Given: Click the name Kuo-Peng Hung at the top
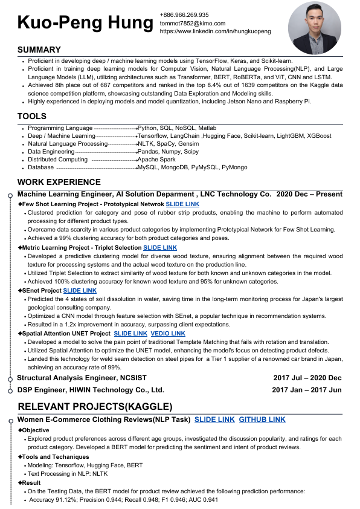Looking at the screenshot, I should [x=85, y=23].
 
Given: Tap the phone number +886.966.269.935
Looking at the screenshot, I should [x=184, y=15].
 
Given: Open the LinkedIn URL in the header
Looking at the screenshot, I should [x=215, y=31].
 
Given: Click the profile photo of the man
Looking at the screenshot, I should [x=315, y=28].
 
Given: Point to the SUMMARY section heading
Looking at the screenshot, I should [x=39, y=50].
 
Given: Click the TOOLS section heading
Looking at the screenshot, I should [x=32, y=116].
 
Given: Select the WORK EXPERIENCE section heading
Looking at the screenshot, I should [x=59, y=181].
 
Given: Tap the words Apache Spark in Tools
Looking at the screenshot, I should [x=156, y=160].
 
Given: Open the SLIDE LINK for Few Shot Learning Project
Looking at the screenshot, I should [x=184, y=204].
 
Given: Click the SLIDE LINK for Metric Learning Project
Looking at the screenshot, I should [x=160, y=248].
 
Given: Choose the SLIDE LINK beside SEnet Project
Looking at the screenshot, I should [x=80, y=291].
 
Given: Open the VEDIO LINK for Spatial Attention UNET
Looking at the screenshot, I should [x=169, y=334].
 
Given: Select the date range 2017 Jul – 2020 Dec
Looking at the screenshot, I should [x=307, y=378].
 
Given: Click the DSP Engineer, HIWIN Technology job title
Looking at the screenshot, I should [x=91, y=390].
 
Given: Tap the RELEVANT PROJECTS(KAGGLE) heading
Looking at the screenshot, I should [x=95, y=406].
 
